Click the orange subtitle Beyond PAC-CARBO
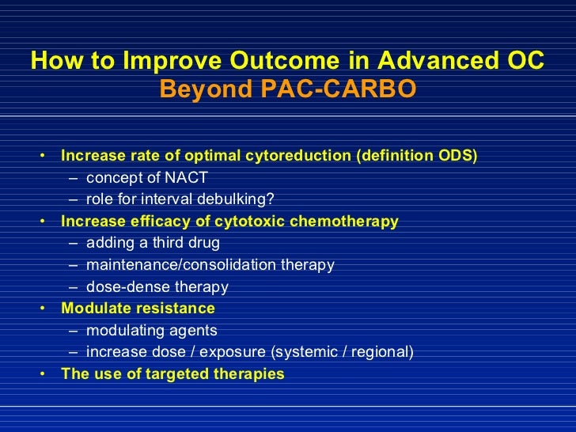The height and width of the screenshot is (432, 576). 287,90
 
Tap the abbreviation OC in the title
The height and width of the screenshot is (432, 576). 523,61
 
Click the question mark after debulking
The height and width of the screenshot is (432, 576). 271,199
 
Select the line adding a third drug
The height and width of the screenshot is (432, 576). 153,243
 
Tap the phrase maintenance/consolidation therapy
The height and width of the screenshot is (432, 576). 210,265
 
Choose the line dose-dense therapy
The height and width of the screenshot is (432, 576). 157,287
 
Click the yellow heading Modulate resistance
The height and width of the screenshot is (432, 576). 138,309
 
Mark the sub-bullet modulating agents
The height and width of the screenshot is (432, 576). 151,331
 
